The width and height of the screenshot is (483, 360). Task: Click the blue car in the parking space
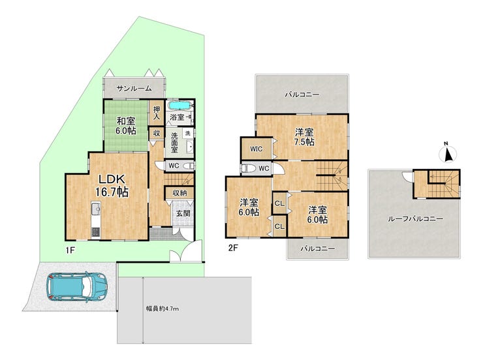[x=77, y=286]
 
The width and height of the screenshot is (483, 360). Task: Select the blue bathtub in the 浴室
[x=179, y=106]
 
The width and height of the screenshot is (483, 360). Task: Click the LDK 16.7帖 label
[x=111, y=185]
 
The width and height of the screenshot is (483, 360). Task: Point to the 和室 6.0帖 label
[x=126, y=125]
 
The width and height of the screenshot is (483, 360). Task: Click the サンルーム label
[x=134, y=89]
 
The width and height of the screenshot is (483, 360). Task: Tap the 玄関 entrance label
[x=183, y=213]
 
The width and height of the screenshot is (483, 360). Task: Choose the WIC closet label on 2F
[x=257, y=149]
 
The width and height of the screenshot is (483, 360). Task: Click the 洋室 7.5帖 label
[x=304, y=137]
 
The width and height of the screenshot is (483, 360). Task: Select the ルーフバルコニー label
[x=415, y=219]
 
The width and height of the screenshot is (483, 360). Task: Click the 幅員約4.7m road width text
[x=162, y=308]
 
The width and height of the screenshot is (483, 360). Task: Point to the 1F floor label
[x=70, y=250]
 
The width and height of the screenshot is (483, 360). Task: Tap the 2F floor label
[x=233, y=248]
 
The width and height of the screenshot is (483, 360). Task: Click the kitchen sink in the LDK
[x=96, y=209]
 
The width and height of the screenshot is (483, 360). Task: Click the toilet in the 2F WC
[x=249, y=169]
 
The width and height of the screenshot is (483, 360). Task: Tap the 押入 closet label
[x=157, y=113]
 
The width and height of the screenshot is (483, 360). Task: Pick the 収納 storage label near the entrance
[x=179, y=193]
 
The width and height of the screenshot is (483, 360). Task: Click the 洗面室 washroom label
[x=174, y=142]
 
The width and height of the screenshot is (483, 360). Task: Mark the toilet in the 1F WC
[x=189, y=166]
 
